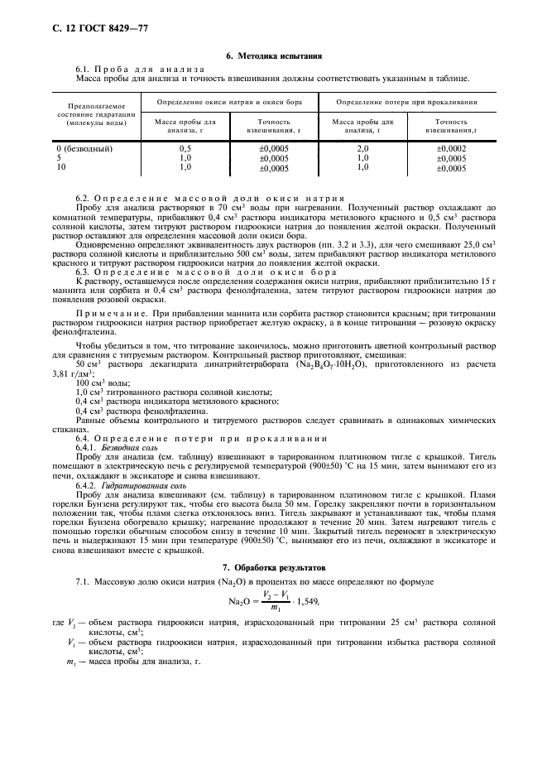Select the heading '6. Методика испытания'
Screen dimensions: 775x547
(x=273, y=55)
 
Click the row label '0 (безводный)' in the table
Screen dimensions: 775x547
(x=79, y=149)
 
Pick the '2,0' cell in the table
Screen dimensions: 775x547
(x=362, y=149)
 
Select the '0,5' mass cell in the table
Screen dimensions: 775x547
(x=185, y=149)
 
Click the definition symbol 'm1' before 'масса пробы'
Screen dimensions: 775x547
(x=70, y=663)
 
